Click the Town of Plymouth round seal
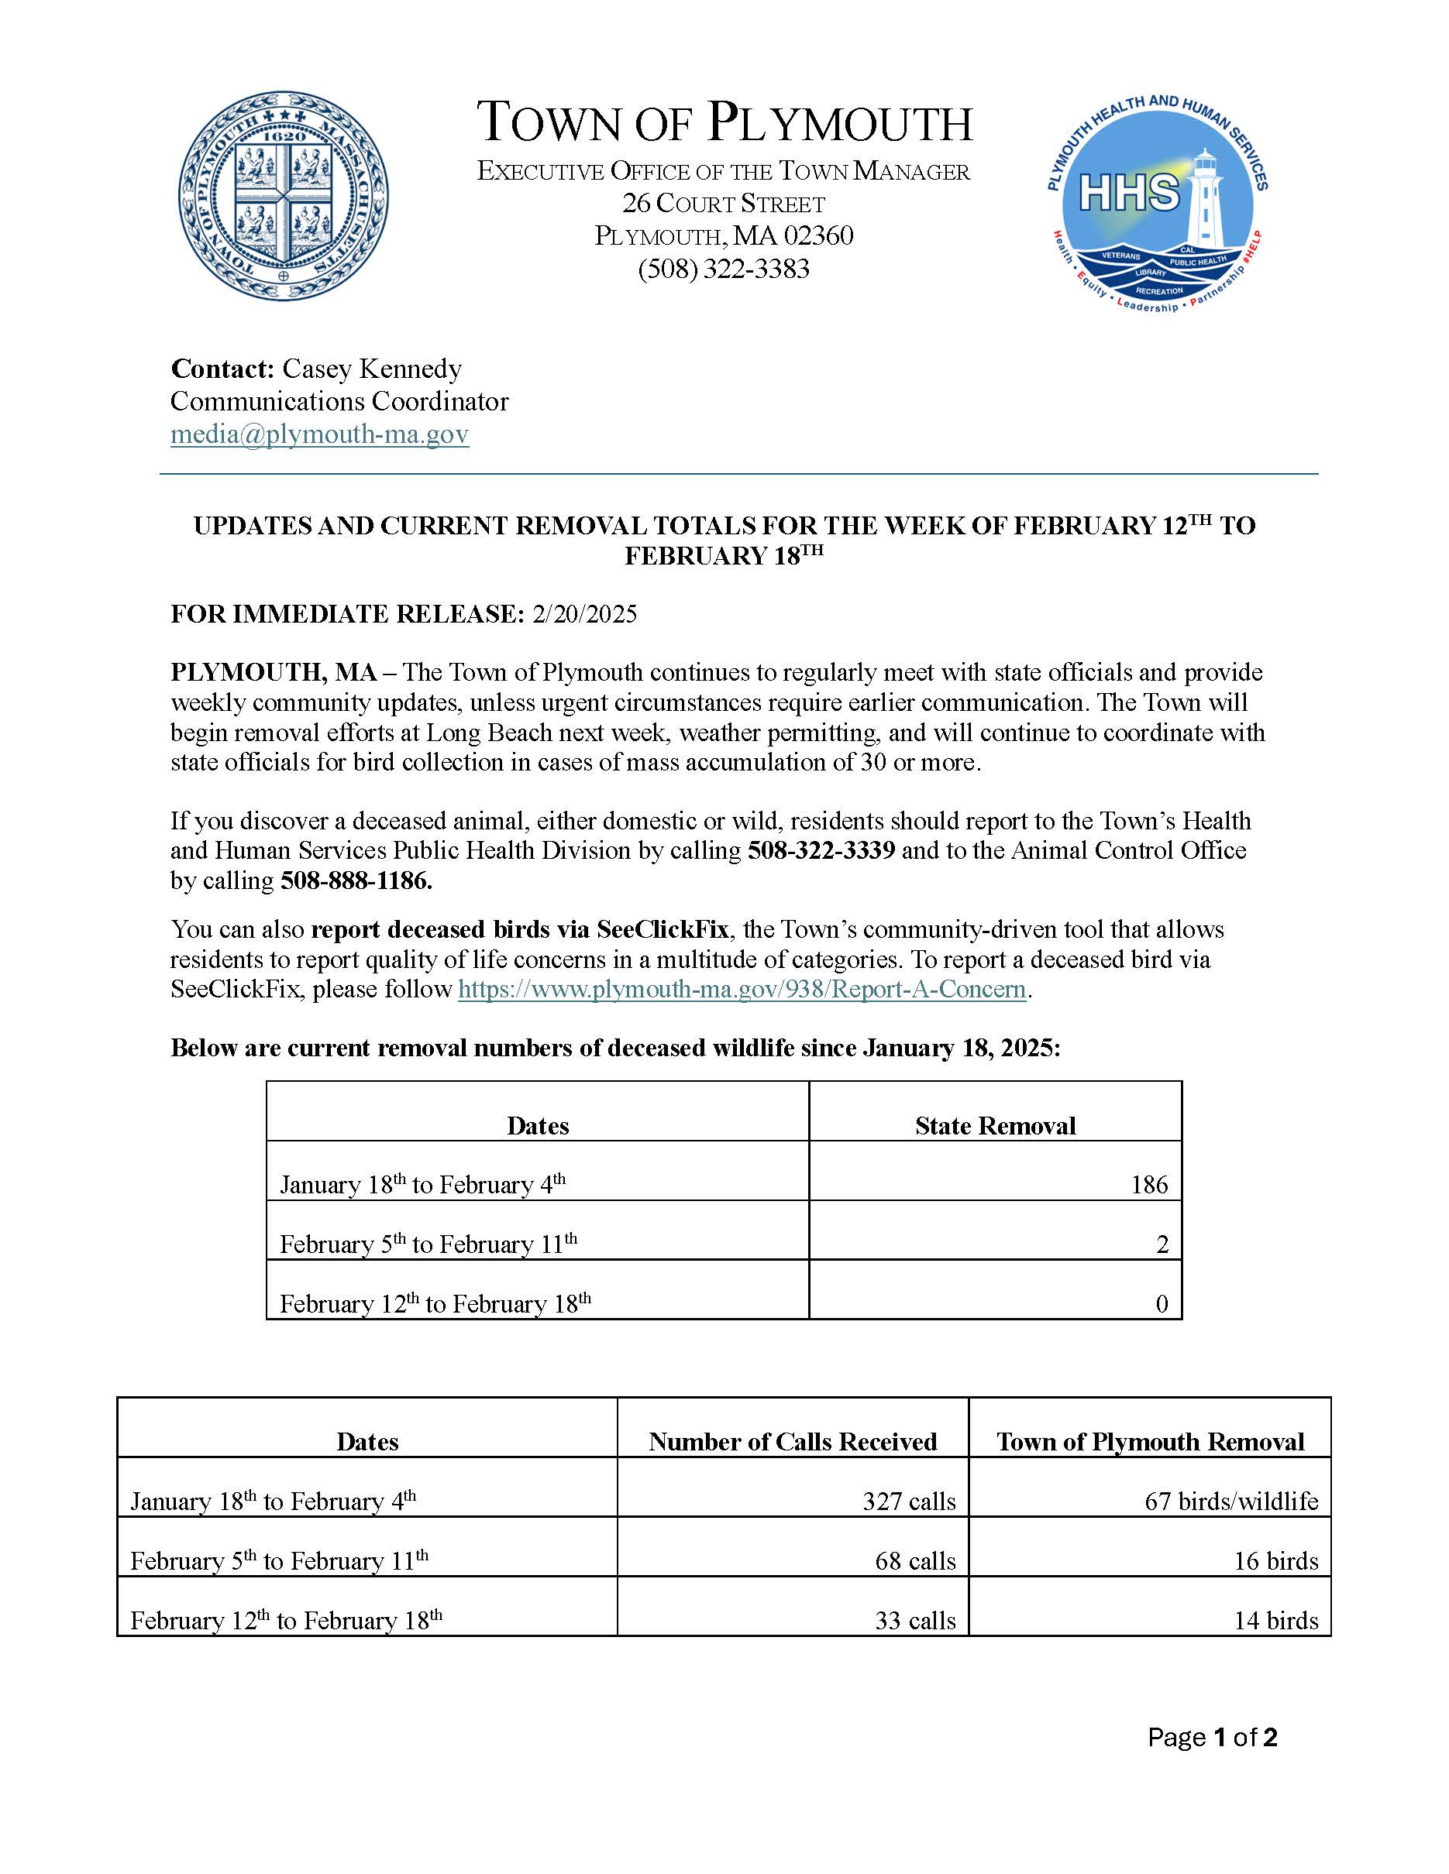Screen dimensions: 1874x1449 (x=284, y=197)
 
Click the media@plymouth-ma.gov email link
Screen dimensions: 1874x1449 (x=319, y=434)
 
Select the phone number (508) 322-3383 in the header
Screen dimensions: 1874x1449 (x=724, y=269)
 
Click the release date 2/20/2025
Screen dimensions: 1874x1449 (x=584, y=614)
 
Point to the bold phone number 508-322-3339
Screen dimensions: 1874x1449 (x=821, y=850)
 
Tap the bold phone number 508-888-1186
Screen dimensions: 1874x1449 (x=356, y=880)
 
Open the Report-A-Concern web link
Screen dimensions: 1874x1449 (x=742, y=990)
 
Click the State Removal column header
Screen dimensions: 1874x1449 (x=995, y=1126)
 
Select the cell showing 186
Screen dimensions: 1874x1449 (x=1148, y=1185)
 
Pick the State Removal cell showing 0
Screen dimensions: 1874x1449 (x=1161, y=1304)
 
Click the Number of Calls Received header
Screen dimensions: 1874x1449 (x=793, y=1442)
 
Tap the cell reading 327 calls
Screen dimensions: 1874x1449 (x=908, y=1501)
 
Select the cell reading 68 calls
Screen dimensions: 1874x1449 (x=915, y=1561)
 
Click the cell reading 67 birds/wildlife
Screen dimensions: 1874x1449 (x=1231, y=1501)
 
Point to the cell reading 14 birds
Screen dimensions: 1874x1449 (x=1275, y=1620)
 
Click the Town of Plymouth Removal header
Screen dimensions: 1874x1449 (x=1149, y=1442)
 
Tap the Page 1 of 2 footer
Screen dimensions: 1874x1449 (x=1212, y=1738)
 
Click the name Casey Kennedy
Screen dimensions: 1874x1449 (x=372, y=369)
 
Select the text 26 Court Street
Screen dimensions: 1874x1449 (x=724, y=204)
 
